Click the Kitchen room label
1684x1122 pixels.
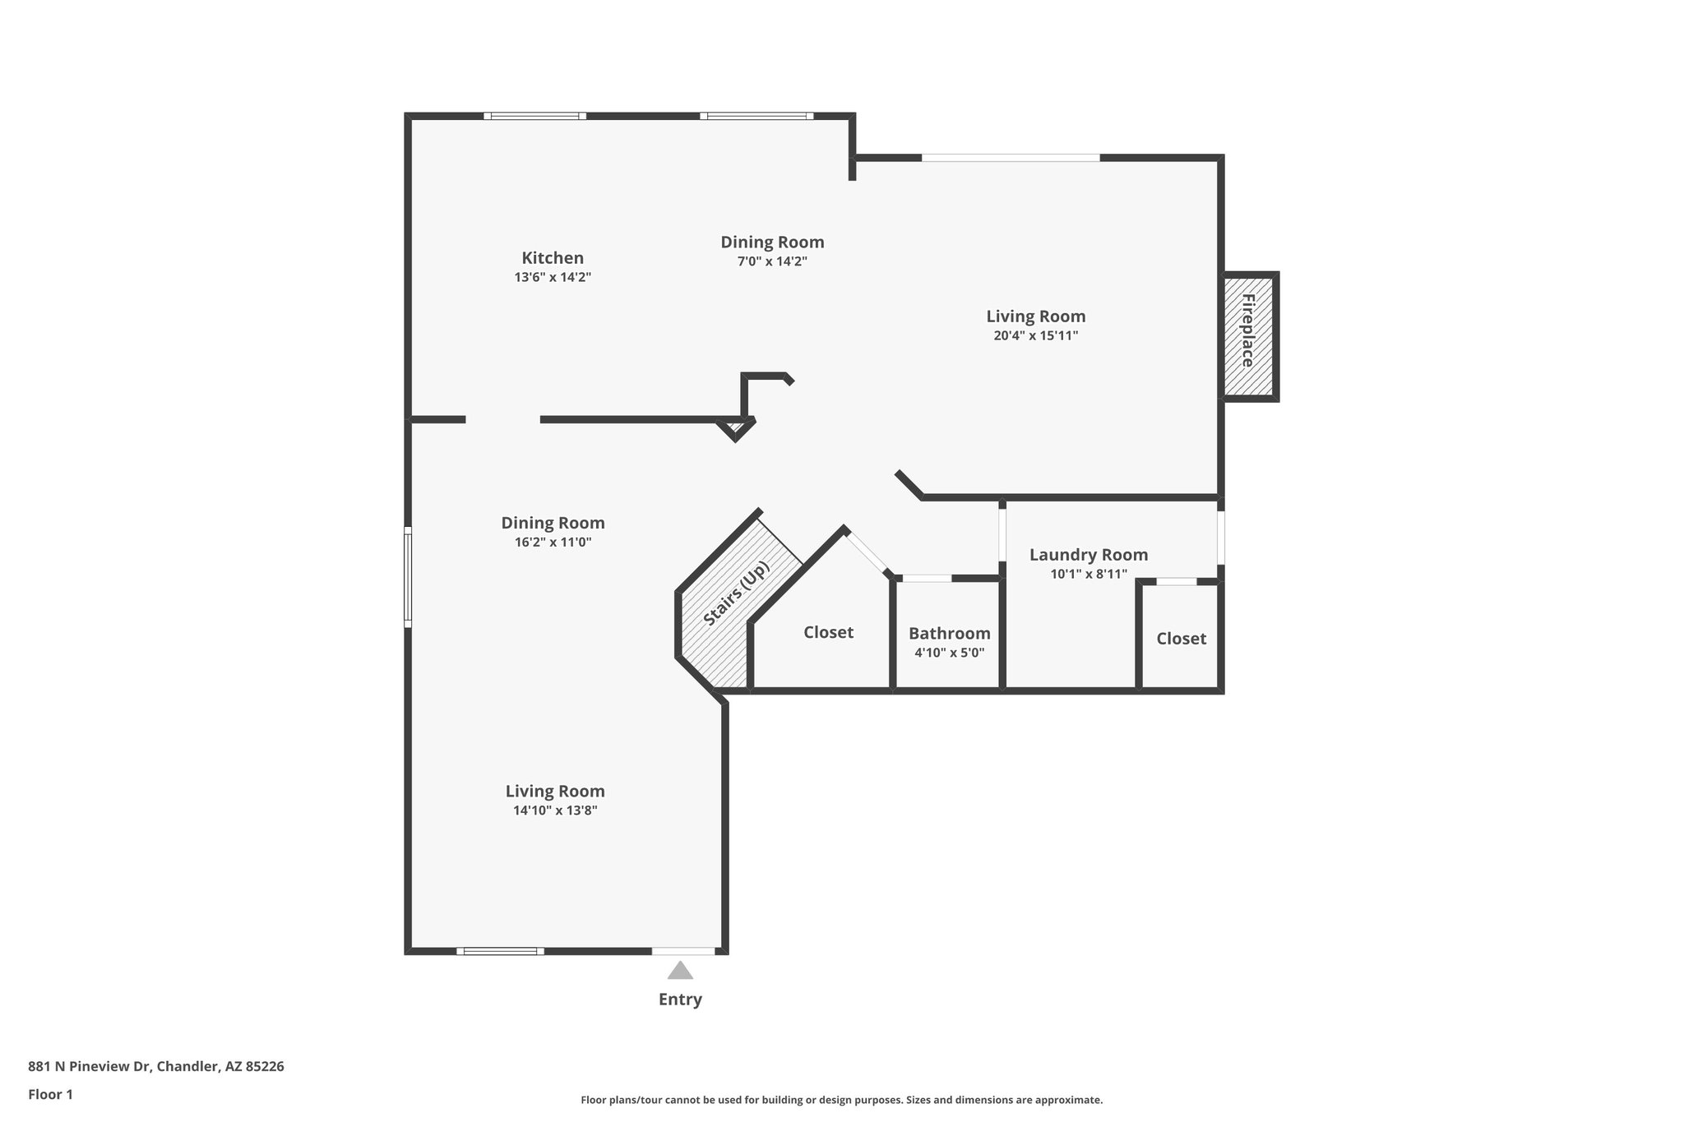tap(553, 258)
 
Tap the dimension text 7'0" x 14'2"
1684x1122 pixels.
tap(772, 261)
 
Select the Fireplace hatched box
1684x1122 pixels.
tap(1247, 335)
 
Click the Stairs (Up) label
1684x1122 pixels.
tap(738, 593)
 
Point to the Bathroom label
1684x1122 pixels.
tap(949, 633)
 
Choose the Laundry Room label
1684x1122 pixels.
tap(1088, 555)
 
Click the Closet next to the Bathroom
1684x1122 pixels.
tap(828, 632)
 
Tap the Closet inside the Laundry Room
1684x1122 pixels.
tap(1181, 639)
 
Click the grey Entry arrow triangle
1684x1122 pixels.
tap(680, 971)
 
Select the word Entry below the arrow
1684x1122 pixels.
tap(680, 1000)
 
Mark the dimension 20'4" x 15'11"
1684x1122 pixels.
tap(1035, 335)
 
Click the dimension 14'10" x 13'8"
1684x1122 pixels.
tap(555, 810)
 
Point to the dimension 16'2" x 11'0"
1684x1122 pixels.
tap(553, 543)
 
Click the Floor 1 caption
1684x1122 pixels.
tap(50, 1094)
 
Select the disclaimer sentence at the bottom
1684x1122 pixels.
tap(841, 1100)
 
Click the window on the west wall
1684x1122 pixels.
tap(408, 578)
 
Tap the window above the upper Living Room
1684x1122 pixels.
tap(1010, 157)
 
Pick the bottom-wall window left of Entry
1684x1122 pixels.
tap(500, 951)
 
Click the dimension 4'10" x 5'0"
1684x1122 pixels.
tap(949, 653)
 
